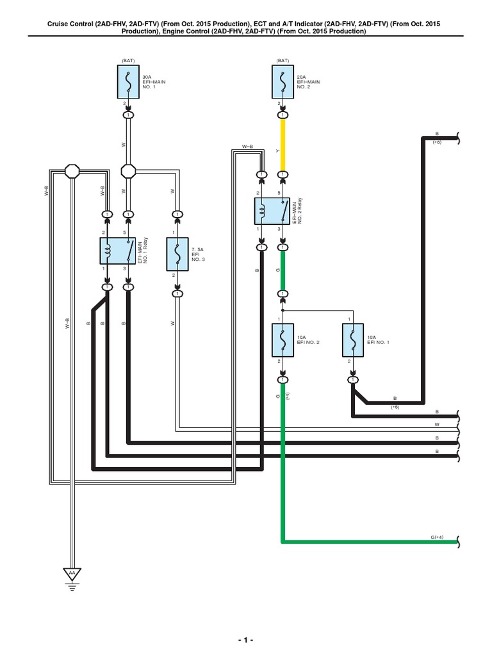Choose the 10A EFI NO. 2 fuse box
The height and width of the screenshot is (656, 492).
[x=283, y=340]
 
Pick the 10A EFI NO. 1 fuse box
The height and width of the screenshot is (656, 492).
[x=352, y=340]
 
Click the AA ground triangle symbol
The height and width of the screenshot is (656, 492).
[x=72, y=572]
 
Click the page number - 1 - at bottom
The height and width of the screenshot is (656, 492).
[x=245, y=641]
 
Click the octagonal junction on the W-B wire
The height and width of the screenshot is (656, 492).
[x=72, y=172]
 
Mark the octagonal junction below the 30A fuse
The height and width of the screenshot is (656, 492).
[x=129, y=172]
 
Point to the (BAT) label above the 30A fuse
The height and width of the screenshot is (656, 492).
[x=128, y=61]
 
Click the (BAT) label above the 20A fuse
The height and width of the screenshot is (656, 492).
[x=282, y=61]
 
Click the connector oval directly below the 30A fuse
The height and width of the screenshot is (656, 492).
[x=129, y=115]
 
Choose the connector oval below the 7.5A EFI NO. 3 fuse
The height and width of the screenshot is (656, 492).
[x=177, y=294]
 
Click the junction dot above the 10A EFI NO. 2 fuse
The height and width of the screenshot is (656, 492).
[x=283, y=309]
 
